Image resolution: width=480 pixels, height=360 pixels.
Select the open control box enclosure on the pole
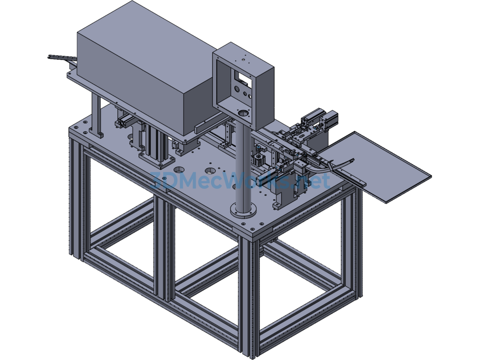tap(243, 86)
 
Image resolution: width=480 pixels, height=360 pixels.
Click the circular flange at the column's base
tap(244, 210)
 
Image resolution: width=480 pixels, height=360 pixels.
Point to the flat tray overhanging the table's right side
tap(380, 167)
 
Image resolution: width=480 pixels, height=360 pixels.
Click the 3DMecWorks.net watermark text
tap(240, 180)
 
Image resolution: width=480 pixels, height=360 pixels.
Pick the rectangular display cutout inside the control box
tap(242, 78)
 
